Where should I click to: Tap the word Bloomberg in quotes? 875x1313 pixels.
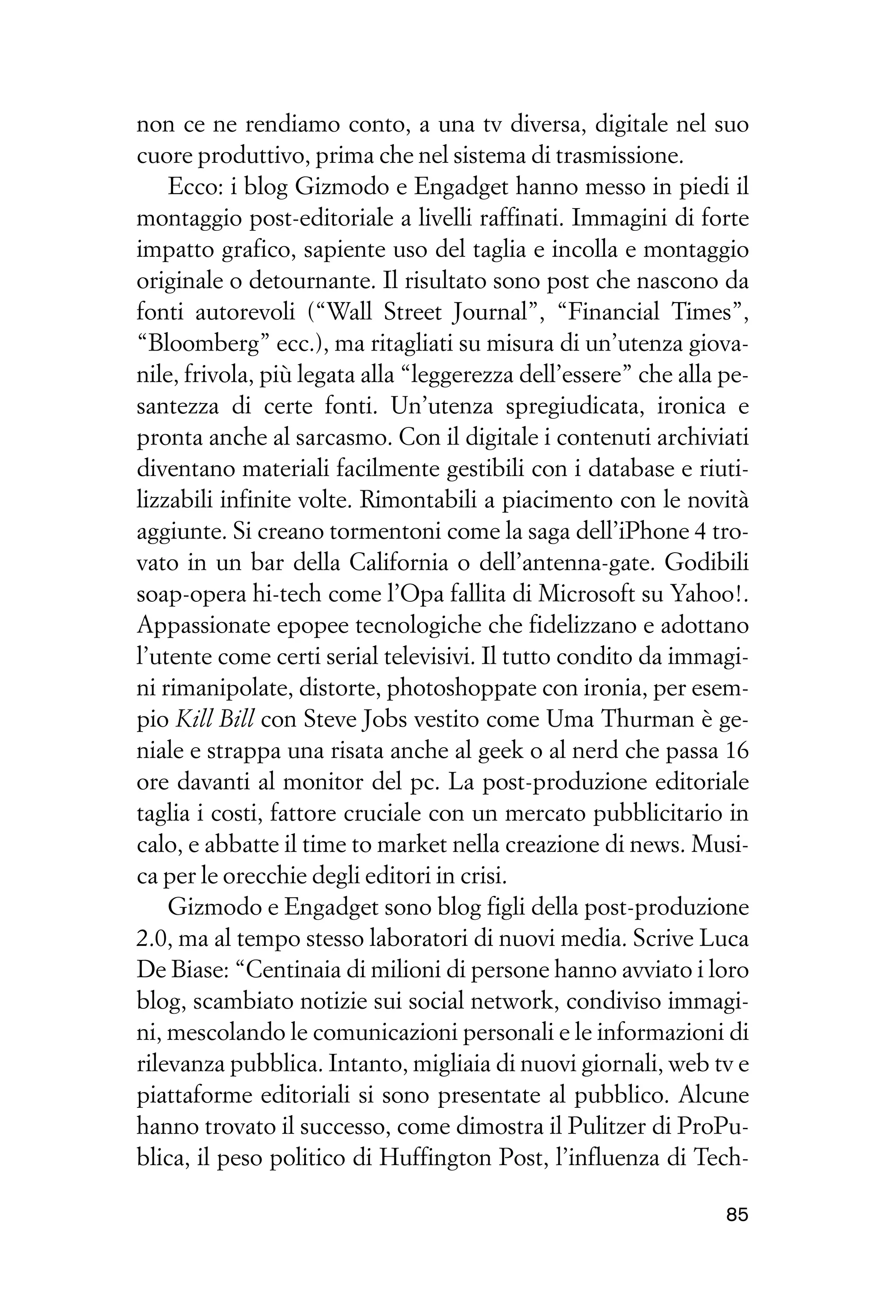(x=203, y=344)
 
